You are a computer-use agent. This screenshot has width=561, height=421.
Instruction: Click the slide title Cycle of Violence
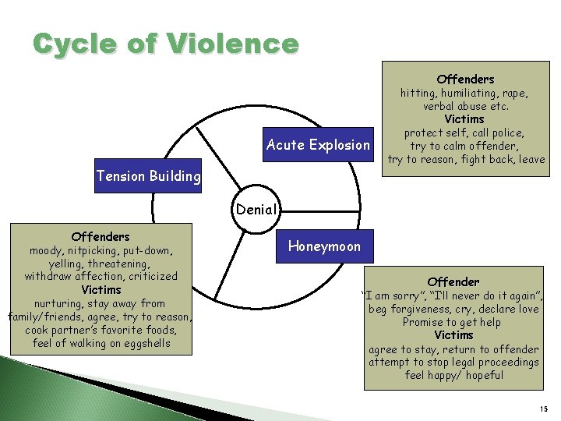point(165,44)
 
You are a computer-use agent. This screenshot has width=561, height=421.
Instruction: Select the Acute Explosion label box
point(318,144)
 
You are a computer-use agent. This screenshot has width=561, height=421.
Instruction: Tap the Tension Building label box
point(147,176)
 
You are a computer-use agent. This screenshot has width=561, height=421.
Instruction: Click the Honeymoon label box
point(324,246)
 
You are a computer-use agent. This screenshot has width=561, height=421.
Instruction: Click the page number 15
point(543,409)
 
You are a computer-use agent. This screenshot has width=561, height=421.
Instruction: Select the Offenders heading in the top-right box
point(465,79)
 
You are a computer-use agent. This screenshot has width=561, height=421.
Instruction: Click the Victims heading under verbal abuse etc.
point(464,119)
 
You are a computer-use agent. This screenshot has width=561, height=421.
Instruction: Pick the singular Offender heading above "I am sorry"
point(453,281)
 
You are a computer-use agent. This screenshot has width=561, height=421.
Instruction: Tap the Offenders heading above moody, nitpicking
point(101,236)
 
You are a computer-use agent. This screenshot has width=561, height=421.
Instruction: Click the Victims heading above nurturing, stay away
point(101,290)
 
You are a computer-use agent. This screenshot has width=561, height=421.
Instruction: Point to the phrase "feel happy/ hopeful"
point(454,375)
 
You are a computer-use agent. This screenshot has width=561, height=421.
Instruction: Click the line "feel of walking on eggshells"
point(101,343)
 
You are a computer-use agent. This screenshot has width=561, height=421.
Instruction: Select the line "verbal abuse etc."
point(465,106)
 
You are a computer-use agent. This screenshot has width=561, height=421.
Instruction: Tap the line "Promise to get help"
point(452,322)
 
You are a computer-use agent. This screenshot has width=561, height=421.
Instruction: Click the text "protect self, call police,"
point(465,133)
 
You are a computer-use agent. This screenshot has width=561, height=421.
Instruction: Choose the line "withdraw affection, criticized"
point(101,276)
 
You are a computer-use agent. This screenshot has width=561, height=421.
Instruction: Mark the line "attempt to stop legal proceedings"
point(453,362)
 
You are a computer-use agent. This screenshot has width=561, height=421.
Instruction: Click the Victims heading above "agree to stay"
point(453,335)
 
